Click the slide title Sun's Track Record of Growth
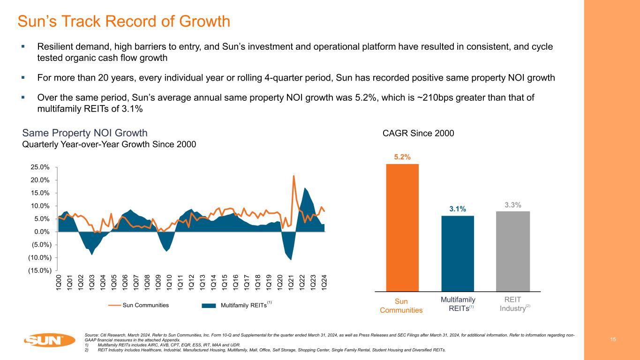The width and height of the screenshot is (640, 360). tap(123, 22)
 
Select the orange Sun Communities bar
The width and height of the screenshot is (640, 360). tap(402, 227)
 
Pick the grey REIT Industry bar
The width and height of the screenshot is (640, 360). tap(512, 251)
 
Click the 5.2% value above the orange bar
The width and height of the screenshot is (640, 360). tap(402, 157)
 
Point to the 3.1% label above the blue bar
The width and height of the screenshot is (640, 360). tap(458, 209)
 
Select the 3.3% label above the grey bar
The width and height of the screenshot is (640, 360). tap(512, 204)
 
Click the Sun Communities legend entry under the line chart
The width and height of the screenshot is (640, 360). tap(138, 305)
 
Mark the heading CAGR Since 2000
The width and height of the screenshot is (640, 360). tap(418, 134)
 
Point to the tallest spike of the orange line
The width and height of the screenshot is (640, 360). tap(294, 176)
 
